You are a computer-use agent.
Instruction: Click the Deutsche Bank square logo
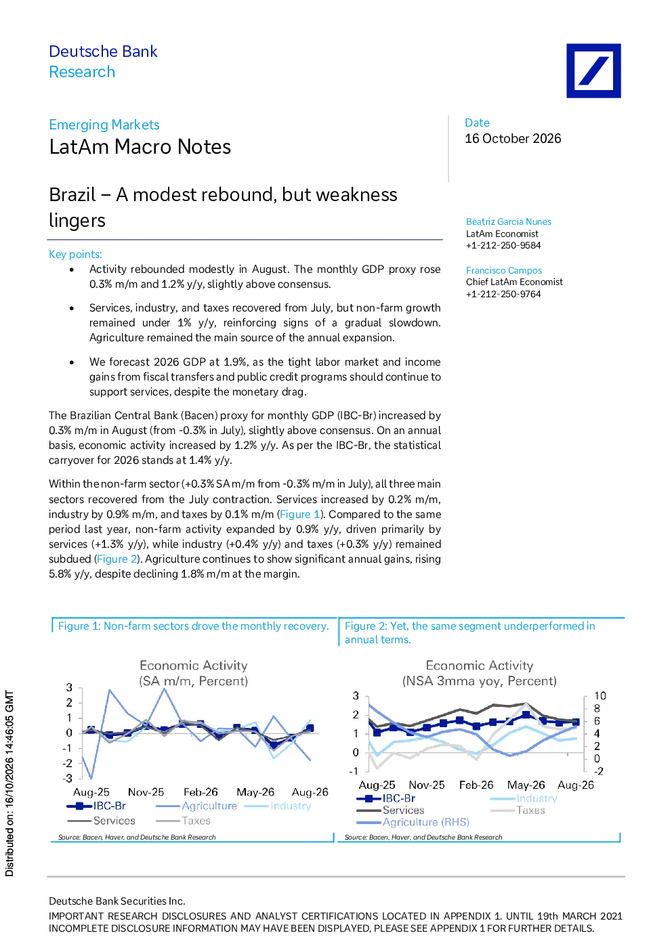click(x=593, y=71)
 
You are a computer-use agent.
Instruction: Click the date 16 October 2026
click(x=513, y=139)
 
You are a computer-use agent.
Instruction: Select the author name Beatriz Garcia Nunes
click(x=508, y=221)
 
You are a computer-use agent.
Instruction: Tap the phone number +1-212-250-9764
click(x=503, y=294)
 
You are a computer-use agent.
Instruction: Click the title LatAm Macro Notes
click(x=140, y=147)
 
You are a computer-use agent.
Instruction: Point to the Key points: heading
click(x=75, y=254)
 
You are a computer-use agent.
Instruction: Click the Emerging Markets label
click(x=104, y=125)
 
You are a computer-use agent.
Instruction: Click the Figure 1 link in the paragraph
click(x=299, y=514)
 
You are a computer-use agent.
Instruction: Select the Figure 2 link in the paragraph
click(x=117, y=559)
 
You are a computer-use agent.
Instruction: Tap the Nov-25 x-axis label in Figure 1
click(x=146, y=792)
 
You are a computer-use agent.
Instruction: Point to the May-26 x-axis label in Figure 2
click(x=526, y=785)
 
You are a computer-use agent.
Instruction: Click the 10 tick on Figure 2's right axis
click(x=600, y=696)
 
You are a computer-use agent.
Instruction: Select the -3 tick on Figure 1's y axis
click(x=68, y=778)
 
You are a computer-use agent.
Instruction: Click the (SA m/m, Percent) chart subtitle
click(x=194, y=681)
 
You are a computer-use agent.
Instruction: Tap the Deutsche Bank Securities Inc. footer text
click(x=117, y=901)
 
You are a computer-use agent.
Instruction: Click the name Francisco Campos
click(x=503, y=270)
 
